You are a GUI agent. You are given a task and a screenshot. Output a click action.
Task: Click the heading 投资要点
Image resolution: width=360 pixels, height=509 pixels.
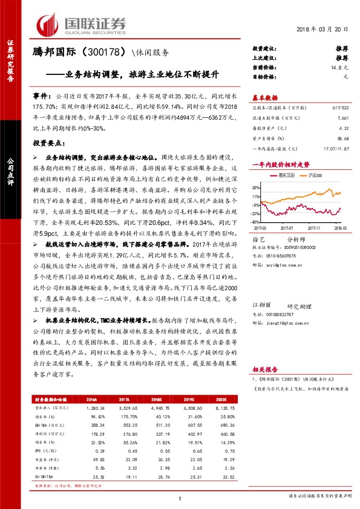[49, 143]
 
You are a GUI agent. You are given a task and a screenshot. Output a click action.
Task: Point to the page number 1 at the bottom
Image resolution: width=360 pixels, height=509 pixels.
[180, 499]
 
